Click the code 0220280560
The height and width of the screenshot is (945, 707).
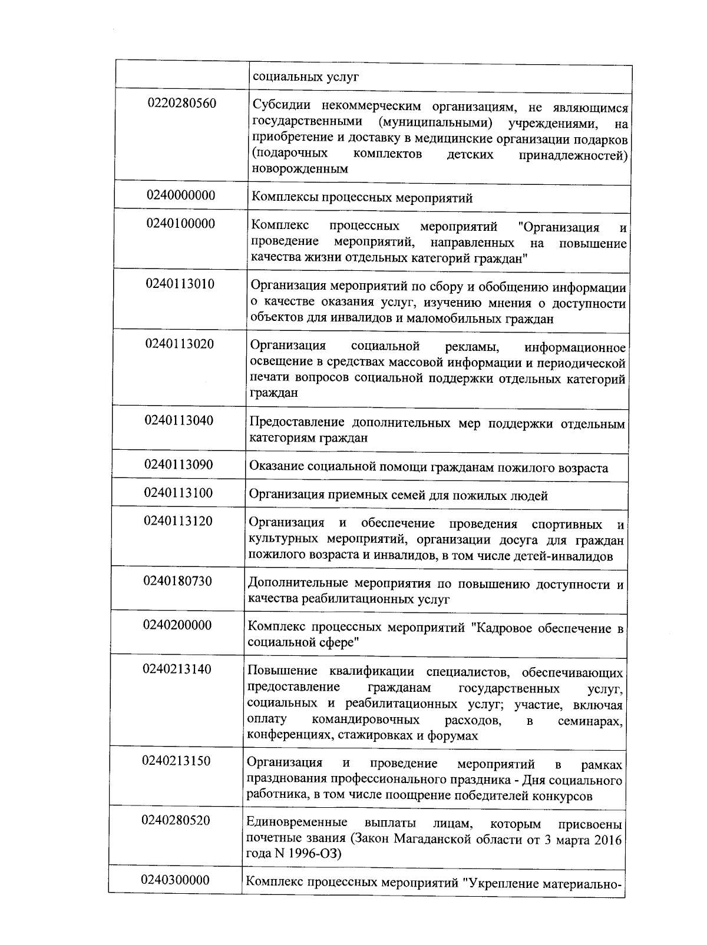(x=182, y=104)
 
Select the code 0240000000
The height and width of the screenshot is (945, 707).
(x=181, y=195)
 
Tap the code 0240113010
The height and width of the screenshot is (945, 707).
(x=180, y=284)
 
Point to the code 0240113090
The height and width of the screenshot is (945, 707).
(x=179, y=465)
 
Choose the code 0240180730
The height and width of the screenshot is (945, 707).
(x=177, y=581)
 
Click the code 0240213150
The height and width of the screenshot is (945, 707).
(x=176, y=761)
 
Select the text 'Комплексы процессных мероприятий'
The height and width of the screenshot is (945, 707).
(x=362, y=198)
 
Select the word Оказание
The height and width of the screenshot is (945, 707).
(x=276, y=467)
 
